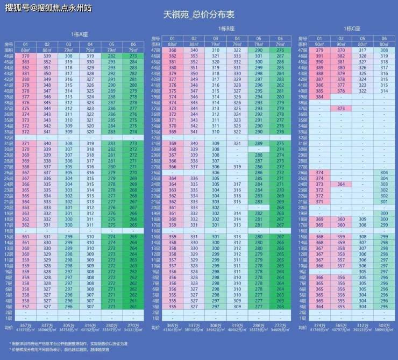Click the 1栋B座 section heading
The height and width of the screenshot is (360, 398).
226,29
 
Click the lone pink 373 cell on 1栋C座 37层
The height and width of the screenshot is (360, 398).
341,108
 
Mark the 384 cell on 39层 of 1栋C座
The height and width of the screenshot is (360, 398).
319,97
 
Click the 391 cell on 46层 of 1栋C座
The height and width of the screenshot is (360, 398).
319,56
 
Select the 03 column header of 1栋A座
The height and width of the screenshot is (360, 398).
68,45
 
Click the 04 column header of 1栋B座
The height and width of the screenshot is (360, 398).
237,39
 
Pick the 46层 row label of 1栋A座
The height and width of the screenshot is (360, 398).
9,56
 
